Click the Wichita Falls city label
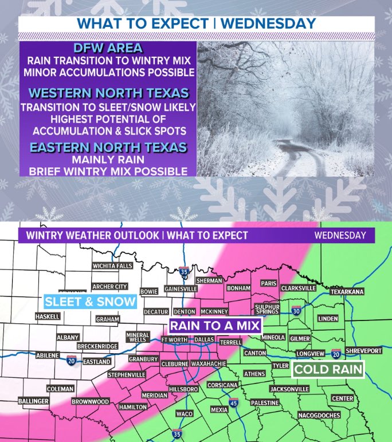pyautogui.click(x=113, y=266)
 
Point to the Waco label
pyautogui.click(x=184, y=413)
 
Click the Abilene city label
pyautogui.click(x=47, y=355)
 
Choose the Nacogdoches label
pyautogui.click(x=319, y=414)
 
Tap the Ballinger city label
pyautogui.click(x=33, y=401)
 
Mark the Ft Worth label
pyautogui.click(x=174, y=339)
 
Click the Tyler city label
pyautogui.click(x=280, y=365)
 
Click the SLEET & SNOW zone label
pyautogui.click(x=91, y=302)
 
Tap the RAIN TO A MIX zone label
pyautogui.click(x=215, y=326)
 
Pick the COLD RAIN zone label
pyautogui.click(x=328, y=369)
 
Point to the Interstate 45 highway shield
pyautogui.click(x=234, y=404)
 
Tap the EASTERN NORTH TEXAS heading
pyautogui.click(x=108, y=147)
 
